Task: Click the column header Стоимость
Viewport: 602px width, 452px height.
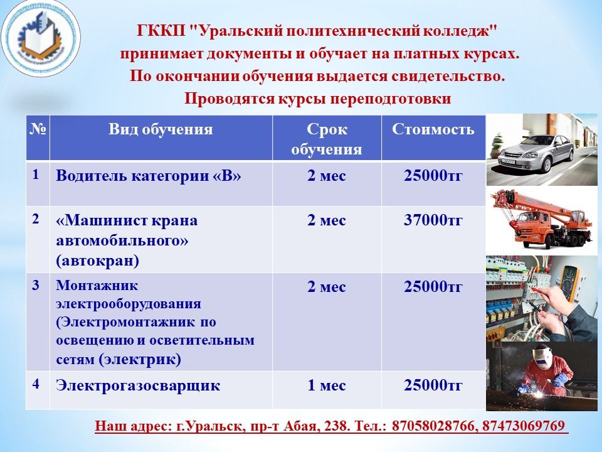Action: pyautogui.click(x=433, y=129)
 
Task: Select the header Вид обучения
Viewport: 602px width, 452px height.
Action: pyautogui.click(x=161, y=129)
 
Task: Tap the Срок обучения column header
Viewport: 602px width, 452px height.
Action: pyautogui.click(x=327, y=139)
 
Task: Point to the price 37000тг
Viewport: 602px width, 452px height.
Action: pyautogui.click(x=433, y=220)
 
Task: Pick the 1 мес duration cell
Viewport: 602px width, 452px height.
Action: pyautogui.click(x=327, y=385)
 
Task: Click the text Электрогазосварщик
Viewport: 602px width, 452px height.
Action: pyautogui.click(x=138, y=385)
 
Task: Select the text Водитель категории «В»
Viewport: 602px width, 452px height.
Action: pyautogui.click(x=149, y=176)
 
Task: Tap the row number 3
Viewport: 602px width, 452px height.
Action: pyautogui.click(x=36, y=285)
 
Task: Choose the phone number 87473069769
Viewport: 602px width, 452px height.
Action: pyautogui.click(x=523, y=426)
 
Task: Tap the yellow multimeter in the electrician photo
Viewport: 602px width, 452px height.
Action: pyautogui.click(x=569, y=282)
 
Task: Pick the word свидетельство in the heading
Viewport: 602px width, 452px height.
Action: pyautogui.click(x=448, y=76)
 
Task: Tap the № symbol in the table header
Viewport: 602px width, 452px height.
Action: pyautogui.click(x=38, y=129)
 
